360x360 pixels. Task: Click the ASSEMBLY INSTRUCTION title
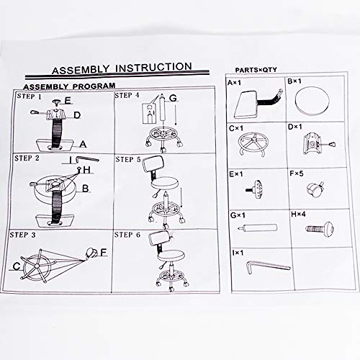click(x=122, y=68)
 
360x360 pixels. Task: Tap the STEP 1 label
click(x=30, y=96)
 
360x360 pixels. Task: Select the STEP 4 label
click(x=127, y=95)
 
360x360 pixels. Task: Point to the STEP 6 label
click(x=127, y=235)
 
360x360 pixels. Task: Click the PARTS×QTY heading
click(x=256, y=70)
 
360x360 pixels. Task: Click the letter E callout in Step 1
click(x=68, y=100)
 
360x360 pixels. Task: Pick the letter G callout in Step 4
click(x=173, y=98)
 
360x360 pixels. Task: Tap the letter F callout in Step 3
click(x=104, y=252)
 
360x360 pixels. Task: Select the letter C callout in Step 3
click(x=17, y=266)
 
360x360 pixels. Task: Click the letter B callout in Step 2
click(x=85, y=189)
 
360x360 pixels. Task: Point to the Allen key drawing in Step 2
click(x=87, y=159)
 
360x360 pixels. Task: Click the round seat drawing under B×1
click(x=312, y=101)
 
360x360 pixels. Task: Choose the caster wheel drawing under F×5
click(x=315, y=189)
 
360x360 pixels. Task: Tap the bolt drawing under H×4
click(x=320, y=228)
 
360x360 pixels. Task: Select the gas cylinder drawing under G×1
click(x=258, y=228)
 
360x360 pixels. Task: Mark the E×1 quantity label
click(x=236, y=174)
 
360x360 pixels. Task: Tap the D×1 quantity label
click(x=295, y=127)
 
